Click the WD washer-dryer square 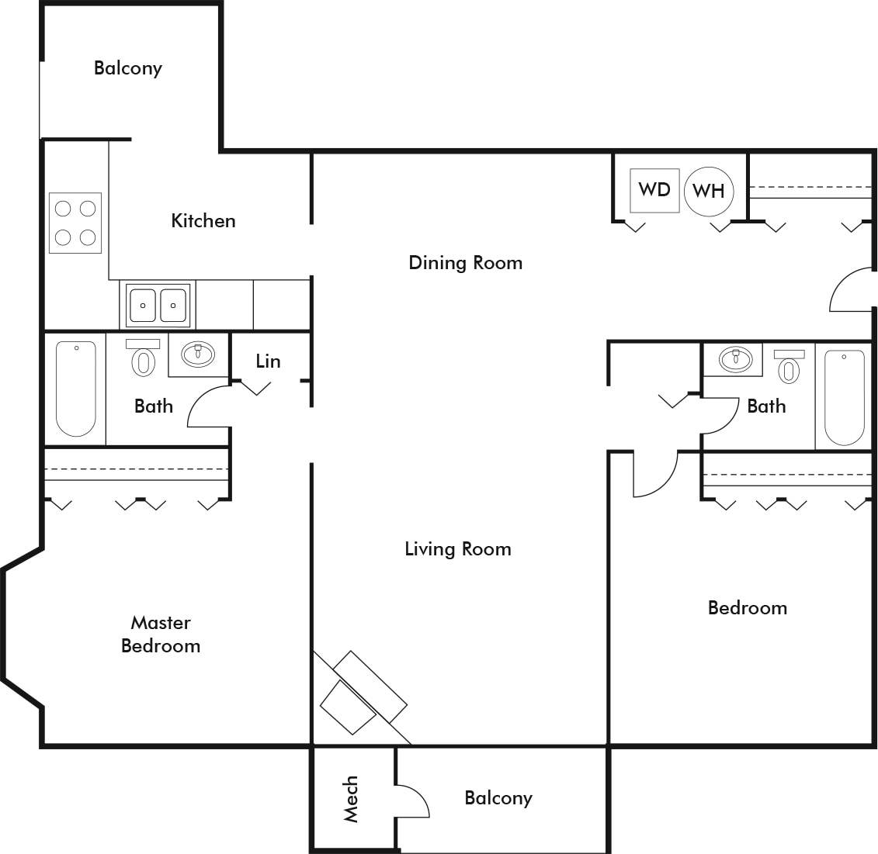pos(654,190)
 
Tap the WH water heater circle pos(708,190)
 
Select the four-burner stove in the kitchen pos(75,222)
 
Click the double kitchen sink pos(158,305)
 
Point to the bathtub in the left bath pos(76,389)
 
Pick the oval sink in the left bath pos(198,354)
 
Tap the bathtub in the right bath pos(844,397)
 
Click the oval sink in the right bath pos(734,358)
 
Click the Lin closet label pos(268,361)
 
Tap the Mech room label pos(351,799)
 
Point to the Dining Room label pos(465,263)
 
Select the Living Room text pos(458,549)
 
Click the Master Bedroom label pos(161,634)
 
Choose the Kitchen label pos(203,221)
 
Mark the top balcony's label pos(128,68)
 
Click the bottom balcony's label pos(498,798)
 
